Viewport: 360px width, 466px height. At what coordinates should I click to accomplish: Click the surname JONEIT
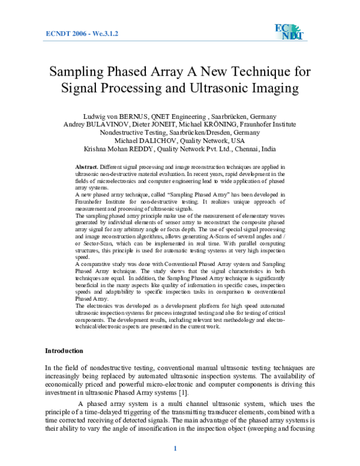pos(169,124)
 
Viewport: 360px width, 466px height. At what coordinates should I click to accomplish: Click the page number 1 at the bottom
pos(175,449)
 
